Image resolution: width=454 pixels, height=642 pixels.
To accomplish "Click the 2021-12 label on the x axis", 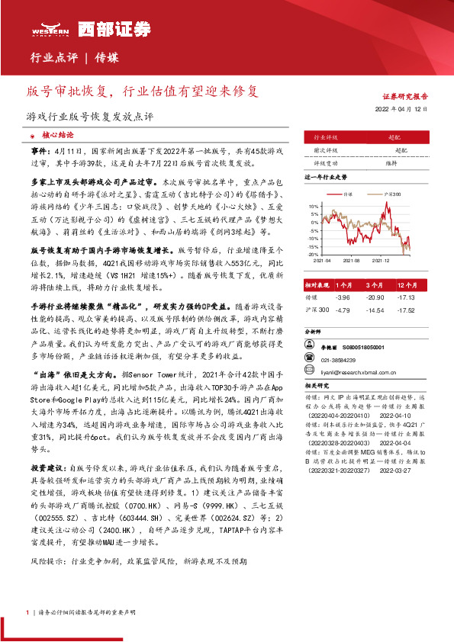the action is coord(381,260).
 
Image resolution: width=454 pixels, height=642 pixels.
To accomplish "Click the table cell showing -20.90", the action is coord(374,297).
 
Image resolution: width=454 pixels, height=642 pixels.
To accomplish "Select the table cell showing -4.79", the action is coord(342,310).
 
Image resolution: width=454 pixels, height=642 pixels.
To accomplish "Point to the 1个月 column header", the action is coord(343,283).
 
